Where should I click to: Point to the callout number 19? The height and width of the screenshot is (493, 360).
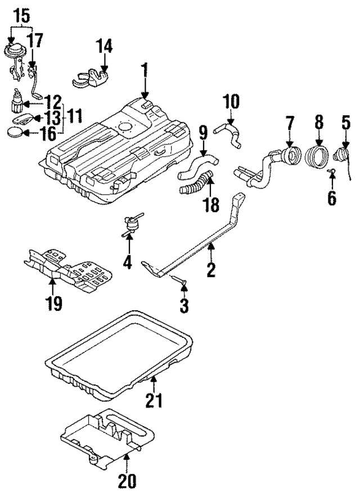point(54,304)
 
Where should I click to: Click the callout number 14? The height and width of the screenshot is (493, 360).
point(105,46)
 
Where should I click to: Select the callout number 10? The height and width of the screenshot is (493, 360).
point(231,102)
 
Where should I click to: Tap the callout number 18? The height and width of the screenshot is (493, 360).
point(211,204)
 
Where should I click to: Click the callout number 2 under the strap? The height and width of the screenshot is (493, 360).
point(210,270)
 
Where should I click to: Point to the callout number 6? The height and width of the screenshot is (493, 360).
point(332,197)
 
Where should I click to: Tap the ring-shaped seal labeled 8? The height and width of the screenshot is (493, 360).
point(318,156)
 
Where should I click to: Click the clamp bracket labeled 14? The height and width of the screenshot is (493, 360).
point(93,78)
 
